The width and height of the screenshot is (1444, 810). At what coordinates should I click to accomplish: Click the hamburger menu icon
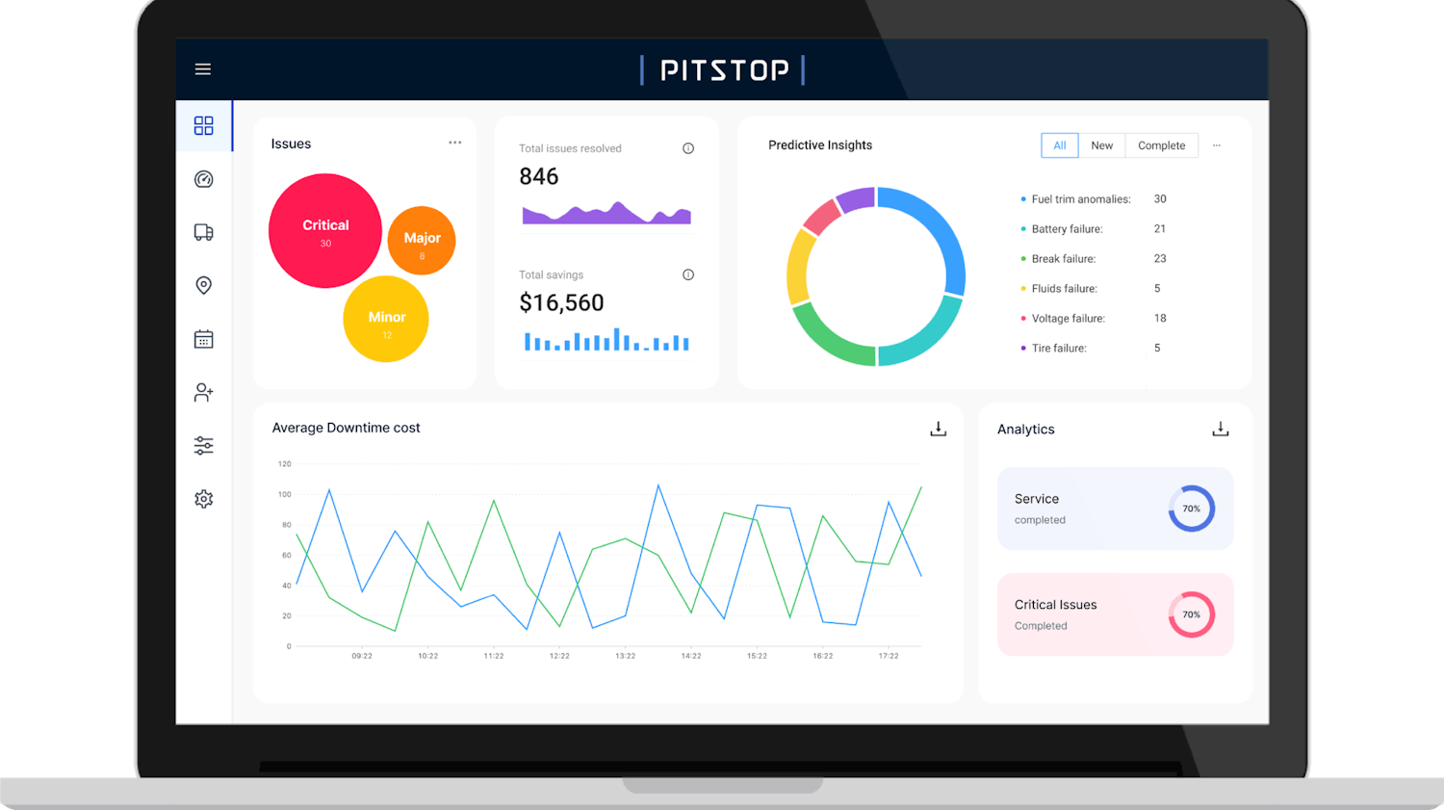pos(203,69)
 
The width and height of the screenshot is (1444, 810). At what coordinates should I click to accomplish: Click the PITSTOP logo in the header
pos(723,70)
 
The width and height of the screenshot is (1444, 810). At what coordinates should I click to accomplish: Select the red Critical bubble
pos(324,230)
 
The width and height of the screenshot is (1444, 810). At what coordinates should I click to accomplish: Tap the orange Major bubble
pos(422,241)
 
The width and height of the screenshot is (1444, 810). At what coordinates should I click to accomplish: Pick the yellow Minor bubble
pos(386,320)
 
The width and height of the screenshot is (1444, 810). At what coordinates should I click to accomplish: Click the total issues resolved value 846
pos(538,177)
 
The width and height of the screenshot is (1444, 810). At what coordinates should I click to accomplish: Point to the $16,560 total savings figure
pos(561,303)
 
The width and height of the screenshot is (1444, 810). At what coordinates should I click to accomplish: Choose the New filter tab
pos(1101,145)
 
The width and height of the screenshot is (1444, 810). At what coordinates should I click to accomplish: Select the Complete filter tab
pos(1161,145)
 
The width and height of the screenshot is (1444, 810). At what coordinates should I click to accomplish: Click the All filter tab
pos(1059,145)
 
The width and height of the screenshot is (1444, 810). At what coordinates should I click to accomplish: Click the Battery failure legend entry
pos(1067,229)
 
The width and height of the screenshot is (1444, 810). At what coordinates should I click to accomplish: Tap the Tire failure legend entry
pos(1059,349)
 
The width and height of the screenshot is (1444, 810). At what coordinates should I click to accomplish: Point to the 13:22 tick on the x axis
pos(625,656)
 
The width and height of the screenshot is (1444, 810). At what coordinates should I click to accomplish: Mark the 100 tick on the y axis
pos(285,494)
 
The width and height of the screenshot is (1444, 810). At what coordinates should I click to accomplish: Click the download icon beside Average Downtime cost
pos(938,429)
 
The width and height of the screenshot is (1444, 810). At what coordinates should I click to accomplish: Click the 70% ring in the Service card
pos(1191,509)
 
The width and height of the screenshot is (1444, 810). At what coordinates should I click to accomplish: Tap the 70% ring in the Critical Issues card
pos(1191,614)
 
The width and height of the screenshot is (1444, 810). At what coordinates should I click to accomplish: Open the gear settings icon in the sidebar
pos(203,499)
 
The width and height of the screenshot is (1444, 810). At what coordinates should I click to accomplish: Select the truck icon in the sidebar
pos(203,232)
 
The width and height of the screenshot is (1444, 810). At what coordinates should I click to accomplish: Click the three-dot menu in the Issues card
pos(454,143)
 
